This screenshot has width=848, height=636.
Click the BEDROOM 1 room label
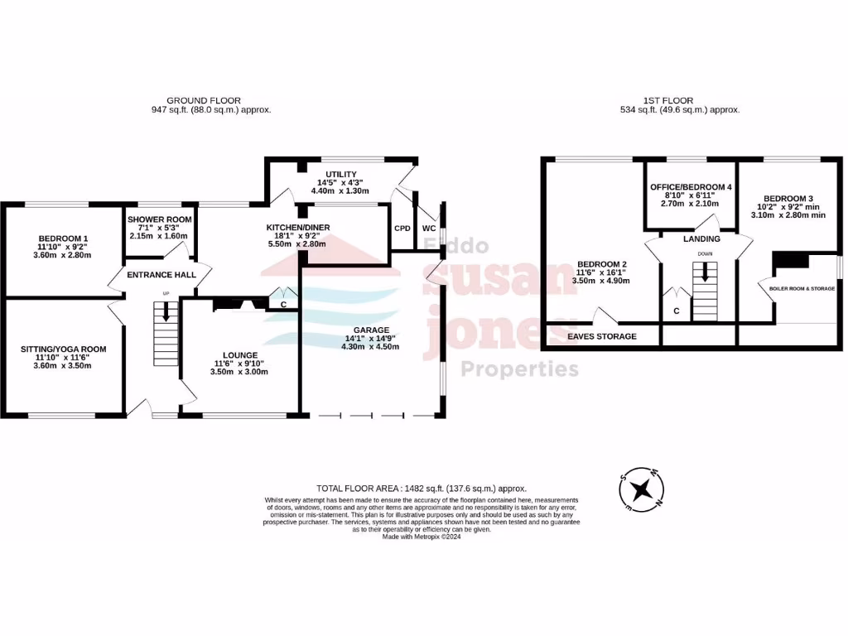[63, 238]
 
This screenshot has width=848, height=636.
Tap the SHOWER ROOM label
[159, 219]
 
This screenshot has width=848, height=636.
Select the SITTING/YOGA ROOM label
[63, 349]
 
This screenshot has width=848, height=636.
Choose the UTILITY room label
[340, 173]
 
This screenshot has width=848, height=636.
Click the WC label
[428, 228]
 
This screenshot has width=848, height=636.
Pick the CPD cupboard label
[402, 228]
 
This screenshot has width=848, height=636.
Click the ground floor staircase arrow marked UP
[166, 311]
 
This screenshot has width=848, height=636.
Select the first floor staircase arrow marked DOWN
[705, 272]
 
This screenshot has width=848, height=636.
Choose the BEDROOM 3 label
[789, 198]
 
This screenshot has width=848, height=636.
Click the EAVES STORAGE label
[602, 336]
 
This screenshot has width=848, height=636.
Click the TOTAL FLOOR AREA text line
[422, 489]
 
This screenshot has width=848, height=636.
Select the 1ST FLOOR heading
[667, 100]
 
